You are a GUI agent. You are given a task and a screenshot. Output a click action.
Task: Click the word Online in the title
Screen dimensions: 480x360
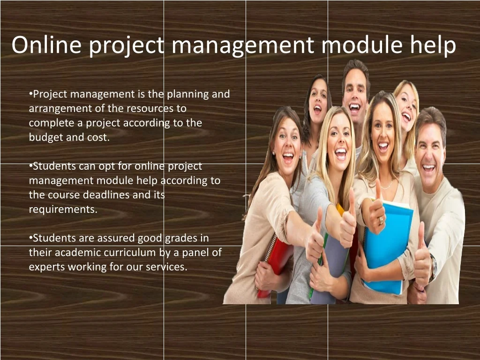click(46, 45)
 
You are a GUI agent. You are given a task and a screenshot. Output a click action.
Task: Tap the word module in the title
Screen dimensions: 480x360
click(362, 45)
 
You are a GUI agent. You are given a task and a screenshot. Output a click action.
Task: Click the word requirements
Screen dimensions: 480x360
click(63, 210)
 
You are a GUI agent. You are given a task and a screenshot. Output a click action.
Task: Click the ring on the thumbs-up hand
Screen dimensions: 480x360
click(381, 220)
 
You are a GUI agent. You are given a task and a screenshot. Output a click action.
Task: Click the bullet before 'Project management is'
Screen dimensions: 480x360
click(30, 93)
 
